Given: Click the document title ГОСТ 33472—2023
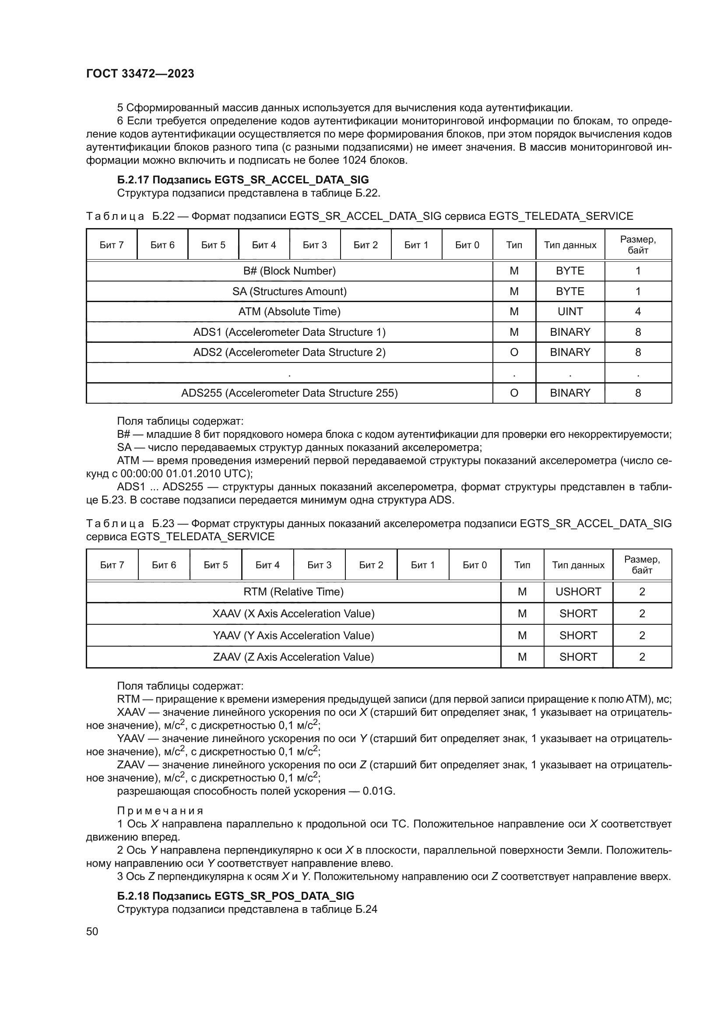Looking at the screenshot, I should (140, 74).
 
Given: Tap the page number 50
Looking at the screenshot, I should (92, 931).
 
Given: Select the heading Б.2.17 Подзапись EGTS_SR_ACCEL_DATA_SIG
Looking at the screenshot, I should (243, 180).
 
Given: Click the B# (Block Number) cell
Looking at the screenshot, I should (289, 271).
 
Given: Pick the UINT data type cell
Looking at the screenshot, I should (570, 312).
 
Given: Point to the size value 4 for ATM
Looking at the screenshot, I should (637, 312).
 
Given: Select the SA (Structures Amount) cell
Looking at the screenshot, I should (289, 292).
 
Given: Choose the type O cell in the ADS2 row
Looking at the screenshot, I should (514, 352).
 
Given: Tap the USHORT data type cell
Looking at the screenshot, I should (578, 592).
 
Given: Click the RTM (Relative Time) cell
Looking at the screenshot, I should (293, 592).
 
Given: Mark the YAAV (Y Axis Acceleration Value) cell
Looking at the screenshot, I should (293, 636).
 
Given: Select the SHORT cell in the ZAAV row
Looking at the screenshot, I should (578, 657).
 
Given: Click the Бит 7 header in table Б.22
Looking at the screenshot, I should (112, 245).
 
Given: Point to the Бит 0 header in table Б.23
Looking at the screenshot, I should (474, 565).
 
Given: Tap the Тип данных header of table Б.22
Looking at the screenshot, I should (570, 245).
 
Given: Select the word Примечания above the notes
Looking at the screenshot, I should (160, 811).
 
